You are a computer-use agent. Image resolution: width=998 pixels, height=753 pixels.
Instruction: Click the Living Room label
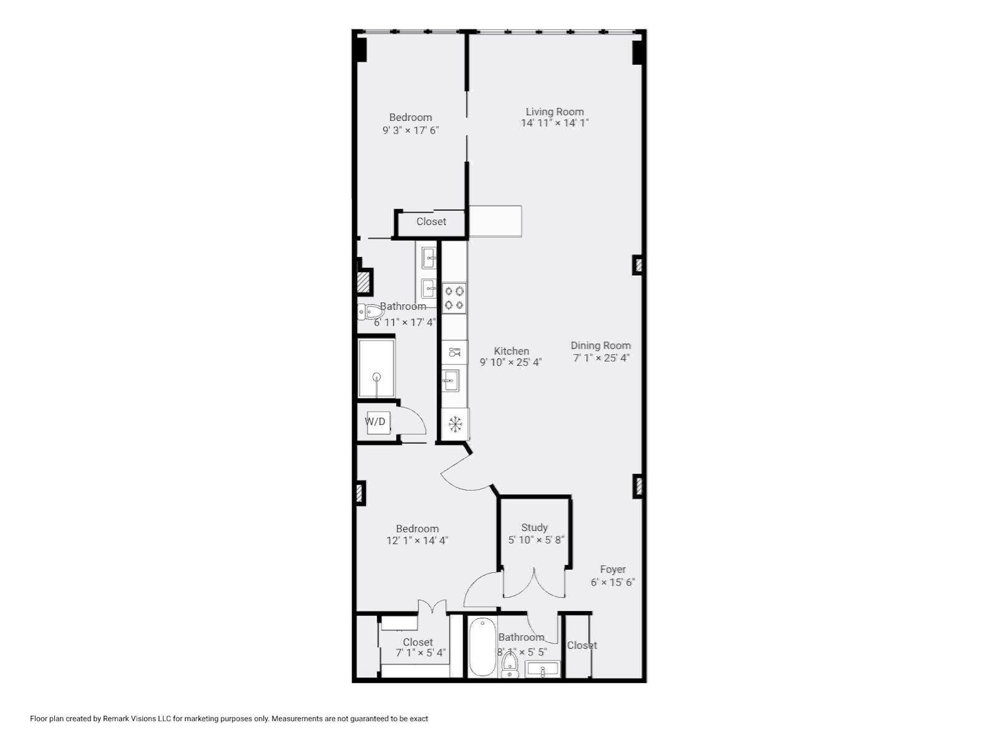554,111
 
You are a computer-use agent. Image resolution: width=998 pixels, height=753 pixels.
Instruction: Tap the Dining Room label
600,346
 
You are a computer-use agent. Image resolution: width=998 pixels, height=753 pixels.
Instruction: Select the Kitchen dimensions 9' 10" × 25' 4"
511,362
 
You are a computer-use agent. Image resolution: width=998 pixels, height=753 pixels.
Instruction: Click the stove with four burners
454,298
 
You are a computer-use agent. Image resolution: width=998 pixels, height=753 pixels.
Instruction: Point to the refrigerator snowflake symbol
455,424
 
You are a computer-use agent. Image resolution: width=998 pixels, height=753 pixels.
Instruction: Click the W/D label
375,422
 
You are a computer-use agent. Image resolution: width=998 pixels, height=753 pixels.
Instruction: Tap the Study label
534,527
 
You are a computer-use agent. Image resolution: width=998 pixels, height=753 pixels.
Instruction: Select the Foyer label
613,570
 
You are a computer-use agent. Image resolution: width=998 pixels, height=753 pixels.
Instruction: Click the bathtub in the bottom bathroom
482,647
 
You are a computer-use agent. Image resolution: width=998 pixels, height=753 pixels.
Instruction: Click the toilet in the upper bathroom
369,312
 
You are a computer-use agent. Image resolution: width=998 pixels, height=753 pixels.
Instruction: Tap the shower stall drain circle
376,377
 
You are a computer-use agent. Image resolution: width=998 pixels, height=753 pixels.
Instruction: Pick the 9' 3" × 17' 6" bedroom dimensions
411,130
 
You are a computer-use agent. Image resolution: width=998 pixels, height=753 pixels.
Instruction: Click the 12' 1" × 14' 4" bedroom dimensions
417,540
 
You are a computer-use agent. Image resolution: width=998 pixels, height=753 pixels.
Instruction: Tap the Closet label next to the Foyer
582,646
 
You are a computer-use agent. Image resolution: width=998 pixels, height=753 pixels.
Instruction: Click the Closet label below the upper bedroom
431,222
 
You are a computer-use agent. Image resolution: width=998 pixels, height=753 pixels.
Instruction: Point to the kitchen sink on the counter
451,381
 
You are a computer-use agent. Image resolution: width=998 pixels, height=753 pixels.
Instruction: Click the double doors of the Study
534,583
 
